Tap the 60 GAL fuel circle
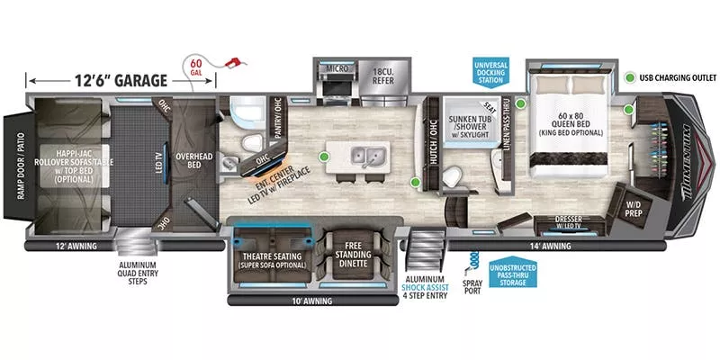tap(197, 67)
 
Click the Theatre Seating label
tap(272, 260)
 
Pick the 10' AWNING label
tap(312, 301)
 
